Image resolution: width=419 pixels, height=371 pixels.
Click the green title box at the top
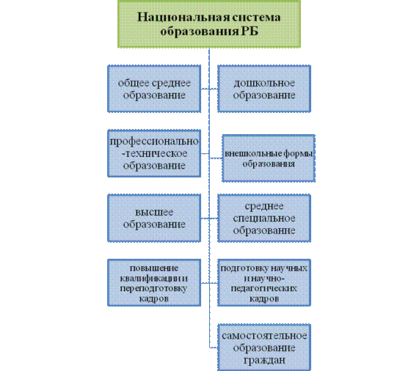[x=209, y=23]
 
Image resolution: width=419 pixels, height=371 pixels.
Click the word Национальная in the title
[x=183, y=17]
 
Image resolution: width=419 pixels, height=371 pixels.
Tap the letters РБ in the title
[x=250, y=32]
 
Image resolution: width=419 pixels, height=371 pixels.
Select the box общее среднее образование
[x=154, y=89]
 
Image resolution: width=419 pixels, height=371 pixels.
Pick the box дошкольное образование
[x=264, y=89]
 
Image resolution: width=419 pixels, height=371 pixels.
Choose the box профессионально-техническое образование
[x=154, y=153]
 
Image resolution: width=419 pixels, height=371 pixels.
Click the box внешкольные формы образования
[x=269, y=158]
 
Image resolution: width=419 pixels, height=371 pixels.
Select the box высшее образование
[x=154, y=218]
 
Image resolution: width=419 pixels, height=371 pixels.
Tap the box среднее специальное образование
[x=264, y=218]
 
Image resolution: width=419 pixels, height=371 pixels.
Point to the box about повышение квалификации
[x=154, y=283]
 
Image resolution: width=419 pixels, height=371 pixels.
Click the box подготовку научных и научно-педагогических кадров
[x=264, y=283]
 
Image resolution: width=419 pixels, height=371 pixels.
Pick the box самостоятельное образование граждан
[x=264, y=348]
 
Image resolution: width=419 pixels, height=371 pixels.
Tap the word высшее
[x=154, y=213]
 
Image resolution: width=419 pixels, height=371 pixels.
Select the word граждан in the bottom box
[x=264, y=360]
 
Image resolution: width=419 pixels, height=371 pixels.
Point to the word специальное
[x=264, y=218]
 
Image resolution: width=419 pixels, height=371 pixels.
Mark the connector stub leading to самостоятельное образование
[x=214, y=348]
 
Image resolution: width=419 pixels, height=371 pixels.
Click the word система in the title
[x=256, y=17]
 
